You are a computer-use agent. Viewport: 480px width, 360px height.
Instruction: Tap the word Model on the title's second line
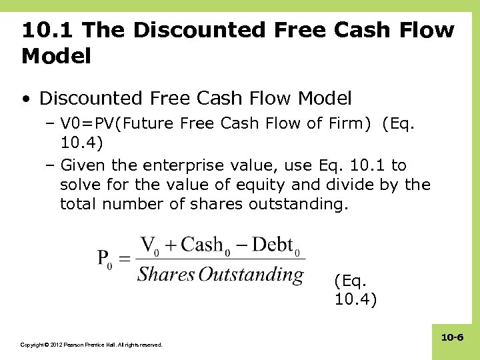tap(56, 57)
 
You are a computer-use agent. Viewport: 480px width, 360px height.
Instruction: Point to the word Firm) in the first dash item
tap(347, 124)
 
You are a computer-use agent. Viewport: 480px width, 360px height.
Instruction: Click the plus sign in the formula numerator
tap(171, 245)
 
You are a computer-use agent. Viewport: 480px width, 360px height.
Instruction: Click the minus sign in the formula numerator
tap(239, 245)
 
